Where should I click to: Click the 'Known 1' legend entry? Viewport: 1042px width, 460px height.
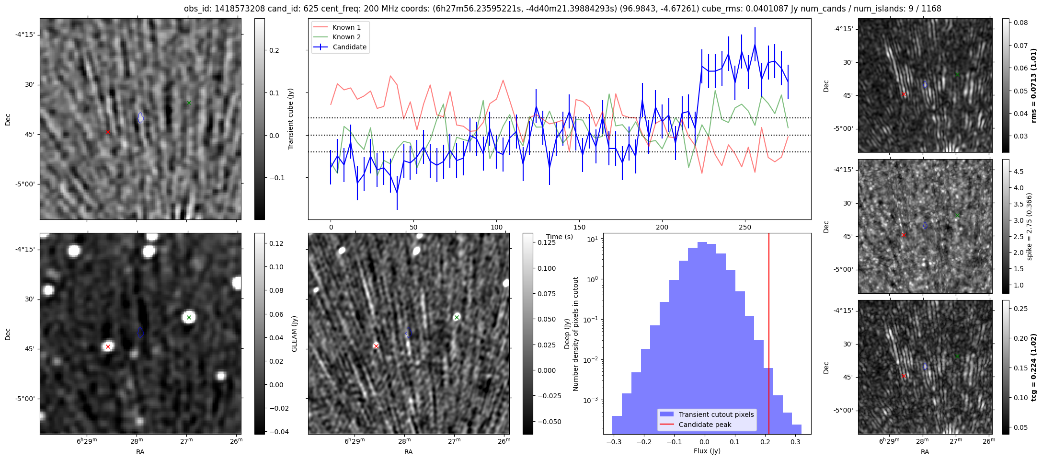coord(346,27)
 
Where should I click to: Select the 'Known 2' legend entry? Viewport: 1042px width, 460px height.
coord(346,37)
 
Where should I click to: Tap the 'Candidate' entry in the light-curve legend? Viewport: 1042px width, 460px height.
coord(349,47)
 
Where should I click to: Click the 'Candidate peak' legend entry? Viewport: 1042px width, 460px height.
coord(705,425)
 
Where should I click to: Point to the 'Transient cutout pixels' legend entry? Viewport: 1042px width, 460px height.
coord(716,414)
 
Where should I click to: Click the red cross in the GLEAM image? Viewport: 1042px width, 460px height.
coord(108,346)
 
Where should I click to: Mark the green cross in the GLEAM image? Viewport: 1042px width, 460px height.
coord(189,317)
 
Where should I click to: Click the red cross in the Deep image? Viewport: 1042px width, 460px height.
coord(376,346)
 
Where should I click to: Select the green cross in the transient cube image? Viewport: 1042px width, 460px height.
coord(189,103)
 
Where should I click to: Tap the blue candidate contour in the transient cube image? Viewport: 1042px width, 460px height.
coord(140,117)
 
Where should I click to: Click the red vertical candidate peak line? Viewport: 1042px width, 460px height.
coord(769,335)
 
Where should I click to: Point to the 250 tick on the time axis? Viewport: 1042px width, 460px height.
coord(744,227)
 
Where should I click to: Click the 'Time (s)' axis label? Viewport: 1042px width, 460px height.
coord(560,237)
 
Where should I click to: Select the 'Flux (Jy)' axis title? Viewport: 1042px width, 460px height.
coord(707,451)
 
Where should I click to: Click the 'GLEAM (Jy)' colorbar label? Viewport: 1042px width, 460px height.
coord(294,333)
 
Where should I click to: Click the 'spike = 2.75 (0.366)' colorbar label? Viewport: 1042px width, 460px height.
coord(1029,226)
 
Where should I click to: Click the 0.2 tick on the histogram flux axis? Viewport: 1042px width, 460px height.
coord(765,441)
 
